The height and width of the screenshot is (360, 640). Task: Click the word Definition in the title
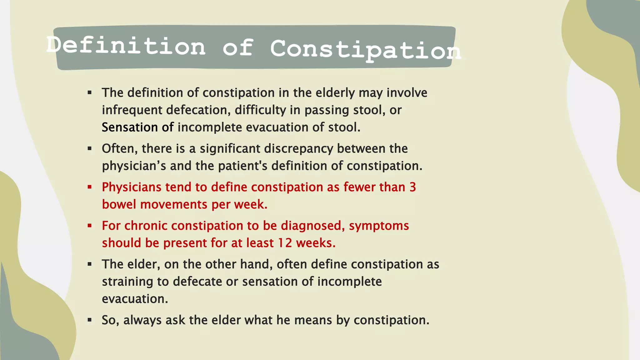126,46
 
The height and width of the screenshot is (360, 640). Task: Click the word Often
120,148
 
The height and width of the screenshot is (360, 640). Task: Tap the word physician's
134,166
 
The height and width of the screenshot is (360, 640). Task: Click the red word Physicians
132,187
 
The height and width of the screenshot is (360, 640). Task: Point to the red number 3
412,187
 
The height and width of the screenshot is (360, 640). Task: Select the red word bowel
119,204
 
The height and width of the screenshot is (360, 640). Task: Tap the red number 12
285,243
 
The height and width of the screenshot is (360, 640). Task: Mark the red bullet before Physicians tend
90,187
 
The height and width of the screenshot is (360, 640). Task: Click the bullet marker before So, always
90,320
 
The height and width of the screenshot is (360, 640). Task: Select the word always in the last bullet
142,320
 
